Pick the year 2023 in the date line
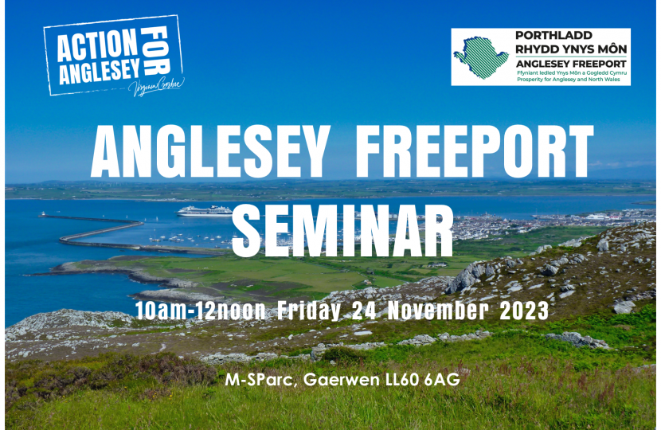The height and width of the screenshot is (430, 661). click(524, 310)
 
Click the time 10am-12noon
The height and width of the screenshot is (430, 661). click(199, 310)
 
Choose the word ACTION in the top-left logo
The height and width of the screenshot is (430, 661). click(96, 46)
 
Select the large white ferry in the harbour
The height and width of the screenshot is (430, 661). click(203, 211)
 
